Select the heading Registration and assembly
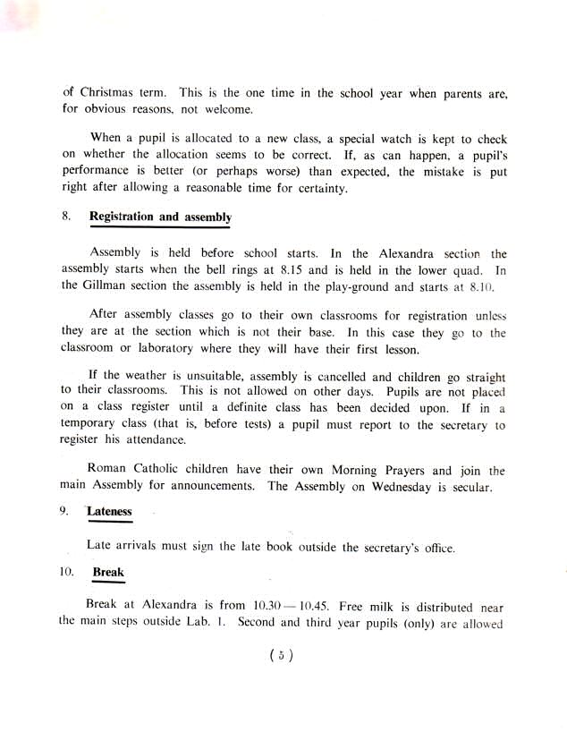tap(161, 217)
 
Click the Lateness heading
tap(110, 512)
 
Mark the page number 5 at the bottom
tap(282, 656)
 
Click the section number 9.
tap(65, 512)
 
